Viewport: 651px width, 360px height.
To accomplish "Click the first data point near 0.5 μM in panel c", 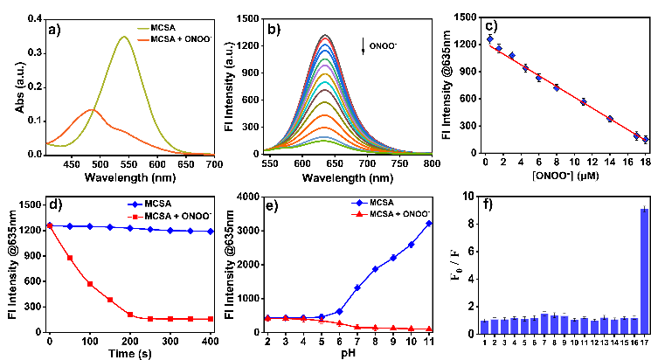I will pyautogui.click(x=490, y=39).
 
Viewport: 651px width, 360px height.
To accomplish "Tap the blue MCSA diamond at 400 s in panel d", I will pyautogui.click(x=211, y=232).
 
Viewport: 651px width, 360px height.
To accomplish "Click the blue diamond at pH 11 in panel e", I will pyautogui.click(x=428, y=223).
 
